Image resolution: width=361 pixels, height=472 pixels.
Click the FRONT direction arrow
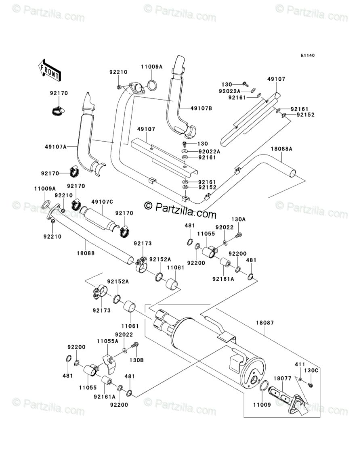click(50, 69)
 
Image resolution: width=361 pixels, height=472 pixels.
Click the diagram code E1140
click(307, 55)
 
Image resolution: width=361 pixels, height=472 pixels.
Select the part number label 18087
click(265, 323)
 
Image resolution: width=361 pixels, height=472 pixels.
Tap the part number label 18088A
click(281, 149)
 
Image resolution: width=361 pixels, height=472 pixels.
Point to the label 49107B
click(201, 108)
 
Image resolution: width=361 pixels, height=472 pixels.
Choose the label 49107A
click(55, 146)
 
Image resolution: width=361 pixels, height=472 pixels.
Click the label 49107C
click(102, 201)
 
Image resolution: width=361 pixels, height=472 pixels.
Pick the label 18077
click(282, 378)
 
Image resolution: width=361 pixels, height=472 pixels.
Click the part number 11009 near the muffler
click(262, 405)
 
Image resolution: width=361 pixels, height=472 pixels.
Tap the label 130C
click(311, 371)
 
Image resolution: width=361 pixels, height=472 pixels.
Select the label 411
click(300, 365)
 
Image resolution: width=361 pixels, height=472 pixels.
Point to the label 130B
click(136, 360)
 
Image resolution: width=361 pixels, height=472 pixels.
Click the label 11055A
click(107, 341)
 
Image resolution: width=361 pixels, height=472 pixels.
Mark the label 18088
click(86, 253)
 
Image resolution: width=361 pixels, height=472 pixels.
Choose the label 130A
click(238, 219)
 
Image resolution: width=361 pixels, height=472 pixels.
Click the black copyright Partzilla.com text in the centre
click(180, 209)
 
